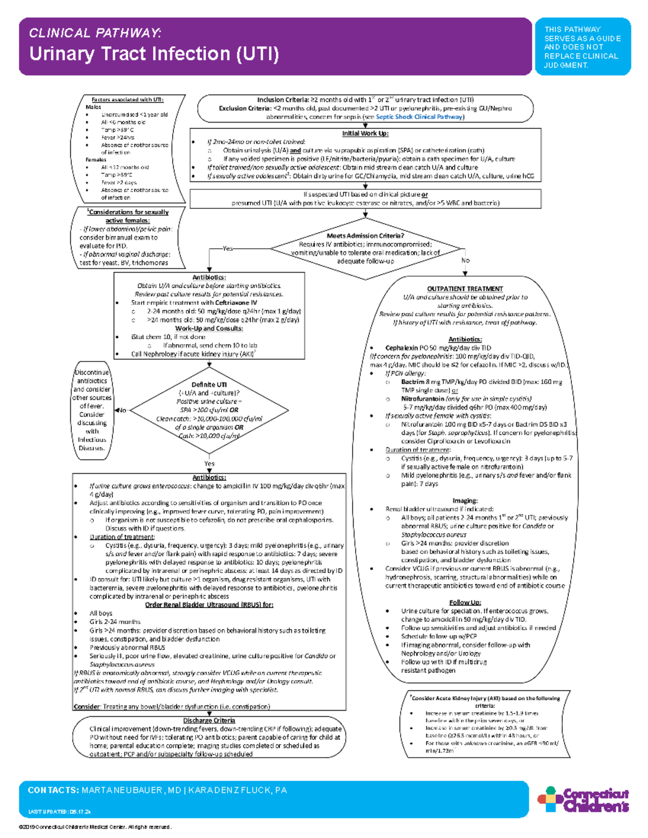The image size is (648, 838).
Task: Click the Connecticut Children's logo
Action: coord(583,800)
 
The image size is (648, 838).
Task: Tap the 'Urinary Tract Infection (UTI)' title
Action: coord(154,54)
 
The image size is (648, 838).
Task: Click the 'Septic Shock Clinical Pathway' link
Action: coord(419,117)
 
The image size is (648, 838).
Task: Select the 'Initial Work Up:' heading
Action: coord(365,133)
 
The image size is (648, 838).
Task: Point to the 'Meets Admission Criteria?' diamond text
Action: coord(365,236)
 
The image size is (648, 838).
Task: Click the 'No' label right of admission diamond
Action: coord(465,261)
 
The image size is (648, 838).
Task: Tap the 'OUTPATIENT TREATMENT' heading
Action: coord(465,289)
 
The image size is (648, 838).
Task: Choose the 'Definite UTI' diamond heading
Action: coord(209,385)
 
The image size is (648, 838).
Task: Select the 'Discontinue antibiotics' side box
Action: coord(92,410)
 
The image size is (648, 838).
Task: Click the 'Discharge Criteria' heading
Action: coord(209,720)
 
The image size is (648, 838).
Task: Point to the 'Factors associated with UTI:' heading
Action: coord(127,100)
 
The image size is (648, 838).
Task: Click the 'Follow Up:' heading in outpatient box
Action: coord(465,603)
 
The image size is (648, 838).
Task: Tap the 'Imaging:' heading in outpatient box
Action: coord(465,501)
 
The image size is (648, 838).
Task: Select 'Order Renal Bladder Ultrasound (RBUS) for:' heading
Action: coord(209,605)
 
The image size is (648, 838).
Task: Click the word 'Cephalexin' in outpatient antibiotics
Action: coord(400,348)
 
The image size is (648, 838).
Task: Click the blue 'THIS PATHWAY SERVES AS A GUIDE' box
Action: coord(582,47)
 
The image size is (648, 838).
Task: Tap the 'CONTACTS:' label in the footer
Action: coord(53,791)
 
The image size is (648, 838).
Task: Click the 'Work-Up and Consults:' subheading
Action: coord(209,328)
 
